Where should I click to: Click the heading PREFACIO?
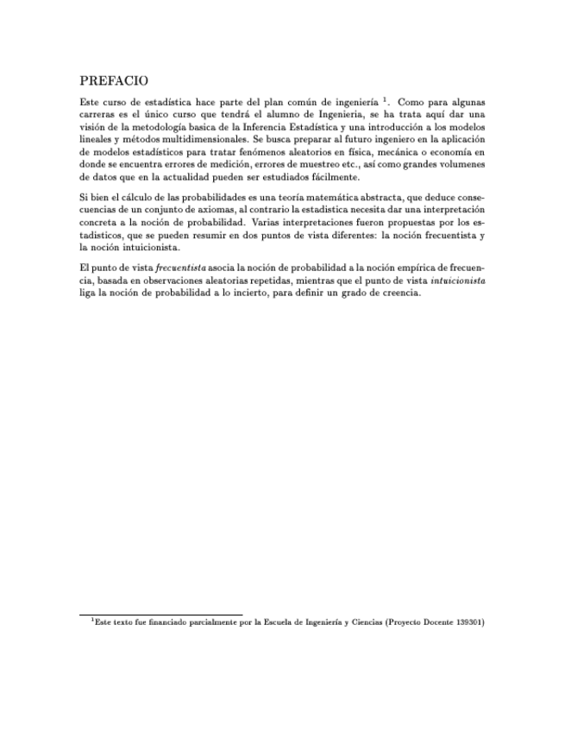point(114,81)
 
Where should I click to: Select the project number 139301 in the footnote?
point(466,622)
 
